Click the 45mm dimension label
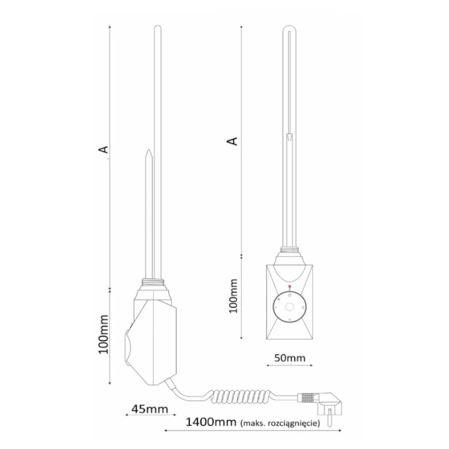(x=150, y=409)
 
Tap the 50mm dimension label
(x=290, y=358)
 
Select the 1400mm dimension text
(x=211, y=422)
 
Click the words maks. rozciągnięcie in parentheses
(x=280, y=423)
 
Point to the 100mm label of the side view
(x=104, y=335)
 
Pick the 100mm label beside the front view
(x=234, y=296)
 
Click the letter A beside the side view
(x=104, y=149)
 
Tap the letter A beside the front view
(x=233, y=141)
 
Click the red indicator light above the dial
(x=289, y=286)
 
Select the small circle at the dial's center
(x=289, y=307)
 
